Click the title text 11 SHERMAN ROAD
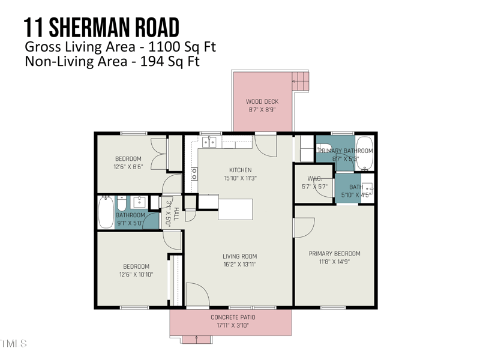click(x=101, y=28)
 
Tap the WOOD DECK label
click(x=262, y=102)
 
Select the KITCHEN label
click(x=240, y=170)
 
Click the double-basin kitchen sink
click(x=209, y=142)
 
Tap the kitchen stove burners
click(x=194, y=173)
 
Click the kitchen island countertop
click(x=235, y=208)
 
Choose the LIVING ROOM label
click(x=239, y=257)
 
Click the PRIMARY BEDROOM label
click(x=334, y=254)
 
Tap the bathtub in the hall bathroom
click(x=106, y=213)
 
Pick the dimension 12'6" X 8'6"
click(x=128, y=167)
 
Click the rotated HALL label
click(x=176, y=212)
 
